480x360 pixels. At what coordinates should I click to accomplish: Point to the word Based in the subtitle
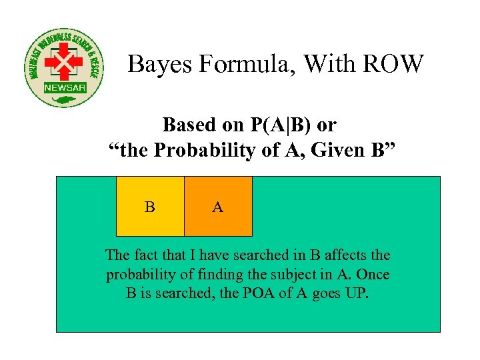click(190, 125)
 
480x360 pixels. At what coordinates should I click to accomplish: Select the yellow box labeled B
click(150, 207)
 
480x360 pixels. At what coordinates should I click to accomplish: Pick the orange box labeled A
click(218, 207)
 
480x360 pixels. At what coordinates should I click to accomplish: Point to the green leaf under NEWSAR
click(65, 100)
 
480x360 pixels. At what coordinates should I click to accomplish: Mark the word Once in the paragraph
click(372, 275)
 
